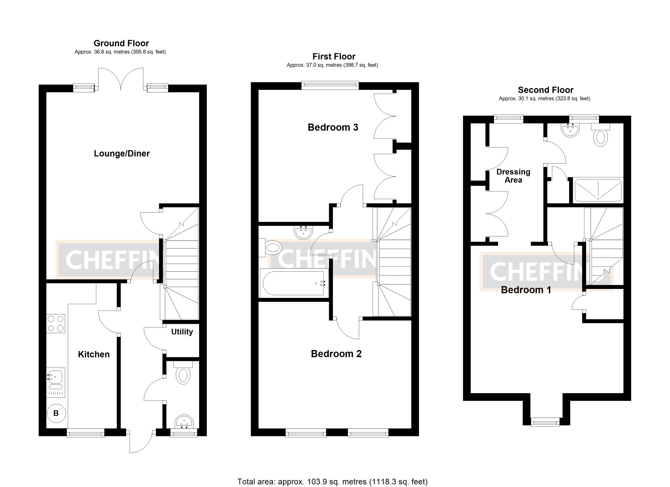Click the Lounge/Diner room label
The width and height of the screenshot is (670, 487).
[121, 154]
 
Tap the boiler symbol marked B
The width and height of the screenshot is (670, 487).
[56, 413]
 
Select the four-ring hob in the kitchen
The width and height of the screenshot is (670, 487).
[56, 324]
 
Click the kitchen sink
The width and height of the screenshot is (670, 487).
[56, 382]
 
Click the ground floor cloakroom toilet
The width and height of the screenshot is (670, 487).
[183, 375]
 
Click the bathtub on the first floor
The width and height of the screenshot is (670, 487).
[294, 283]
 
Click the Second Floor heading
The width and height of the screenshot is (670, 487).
[545, 90]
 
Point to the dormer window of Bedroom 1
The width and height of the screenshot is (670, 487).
[545, 422]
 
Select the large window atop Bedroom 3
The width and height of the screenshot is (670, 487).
[330, 86]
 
